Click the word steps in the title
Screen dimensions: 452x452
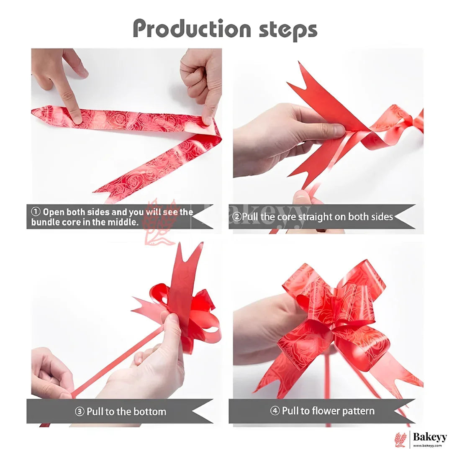(288, 30)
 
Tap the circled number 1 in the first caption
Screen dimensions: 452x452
(36, 212)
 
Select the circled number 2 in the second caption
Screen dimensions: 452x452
(236, 216)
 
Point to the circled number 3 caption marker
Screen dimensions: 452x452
(80, 411)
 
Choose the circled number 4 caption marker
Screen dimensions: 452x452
(275, 411)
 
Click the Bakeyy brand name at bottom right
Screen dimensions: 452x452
(429, 437)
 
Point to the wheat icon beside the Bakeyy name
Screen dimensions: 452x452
(401, 439)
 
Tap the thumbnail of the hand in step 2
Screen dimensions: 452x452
(338, 130)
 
